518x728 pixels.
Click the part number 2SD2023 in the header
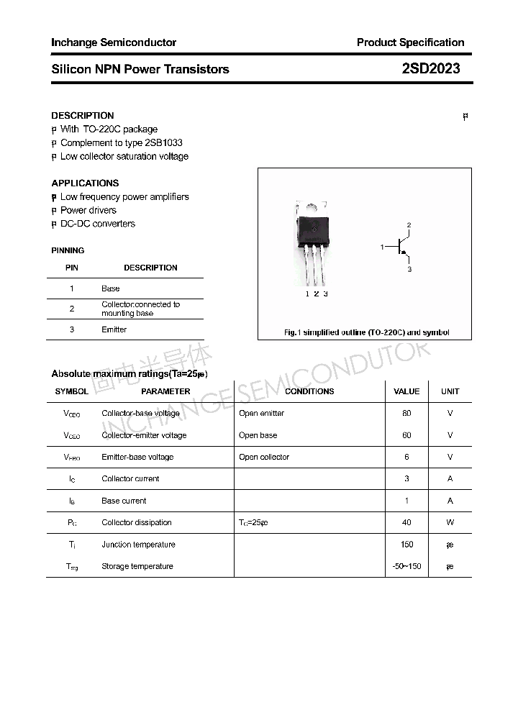tap(430, 69)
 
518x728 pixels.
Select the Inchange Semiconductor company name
tap(114, 42)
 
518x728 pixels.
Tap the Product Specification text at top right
tap(410, 42)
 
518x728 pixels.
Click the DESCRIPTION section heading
tap(83, 115)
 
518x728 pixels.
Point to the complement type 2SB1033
tap(159, 142)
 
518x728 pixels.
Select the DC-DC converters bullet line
tap(97, 224)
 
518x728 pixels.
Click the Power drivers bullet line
tap(88, 210)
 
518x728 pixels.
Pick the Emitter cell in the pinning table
tap(114, 329)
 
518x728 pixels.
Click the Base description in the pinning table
tap(111, 288)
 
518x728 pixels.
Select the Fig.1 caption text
tap(366, 332)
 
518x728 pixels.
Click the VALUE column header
tap(406, 391)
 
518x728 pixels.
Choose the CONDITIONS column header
tap(309, 391)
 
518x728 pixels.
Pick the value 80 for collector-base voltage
tap(406, 414)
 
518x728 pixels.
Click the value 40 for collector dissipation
tap(406, 523)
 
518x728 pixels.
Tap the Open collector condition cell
tap(264, 457)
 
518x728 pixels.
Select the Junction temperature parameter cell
tap(138, 545)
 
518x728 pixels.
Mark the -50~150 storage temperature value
tap(406, 567)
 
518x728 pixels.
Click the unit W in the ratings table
tap(450, 523)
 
